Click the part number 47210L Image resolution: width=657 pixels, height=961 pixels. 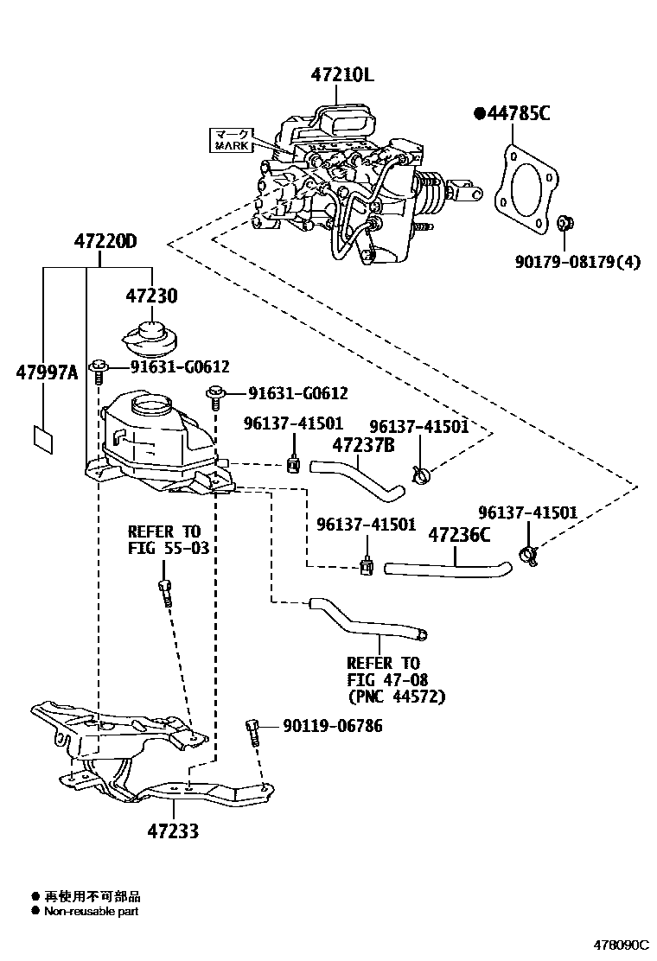coord(342,75)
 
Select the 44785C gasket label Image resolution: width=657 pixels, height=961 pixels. coord(512,113)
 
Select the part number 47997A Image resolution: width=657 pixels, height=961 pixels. coord(47,372)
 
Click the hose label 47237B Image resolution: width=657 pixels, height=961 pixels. coord(365,445)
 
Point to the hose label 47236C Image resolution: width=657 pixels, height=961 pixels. coord(459,535)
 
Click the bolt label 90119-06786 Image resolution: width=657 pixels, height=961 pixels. coord(332,726)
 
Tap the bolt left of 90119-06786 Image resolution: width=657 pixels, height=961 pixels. coord(253,731)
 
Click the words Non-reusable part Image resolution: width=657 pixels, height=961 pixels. coord(91,911)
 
